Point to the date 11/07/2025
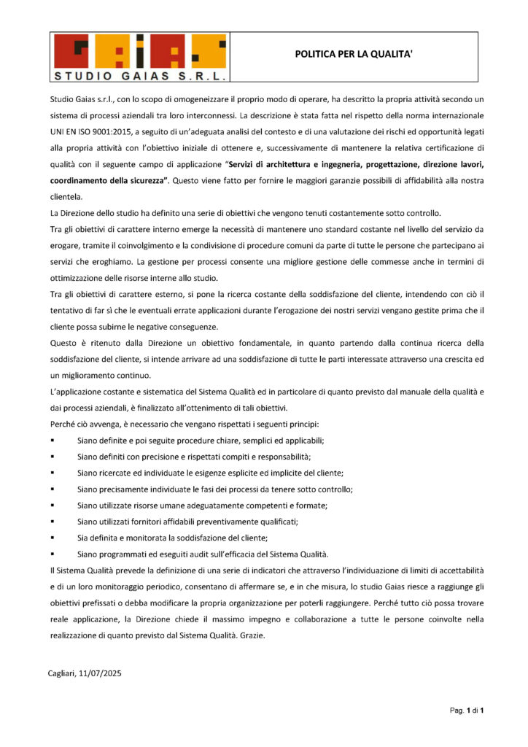click(100, 673)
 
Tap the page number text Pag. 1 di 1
click(467, 709)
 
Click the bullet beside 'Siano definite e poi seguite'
click(53, 441)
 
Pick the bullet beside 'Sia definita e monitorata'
click(53, 537)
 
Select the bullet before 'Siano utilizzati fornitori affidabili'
click(53, 521)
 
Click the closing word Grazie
click(251, 635)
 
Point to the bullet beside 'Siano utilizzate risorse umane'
click(53, 505)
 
